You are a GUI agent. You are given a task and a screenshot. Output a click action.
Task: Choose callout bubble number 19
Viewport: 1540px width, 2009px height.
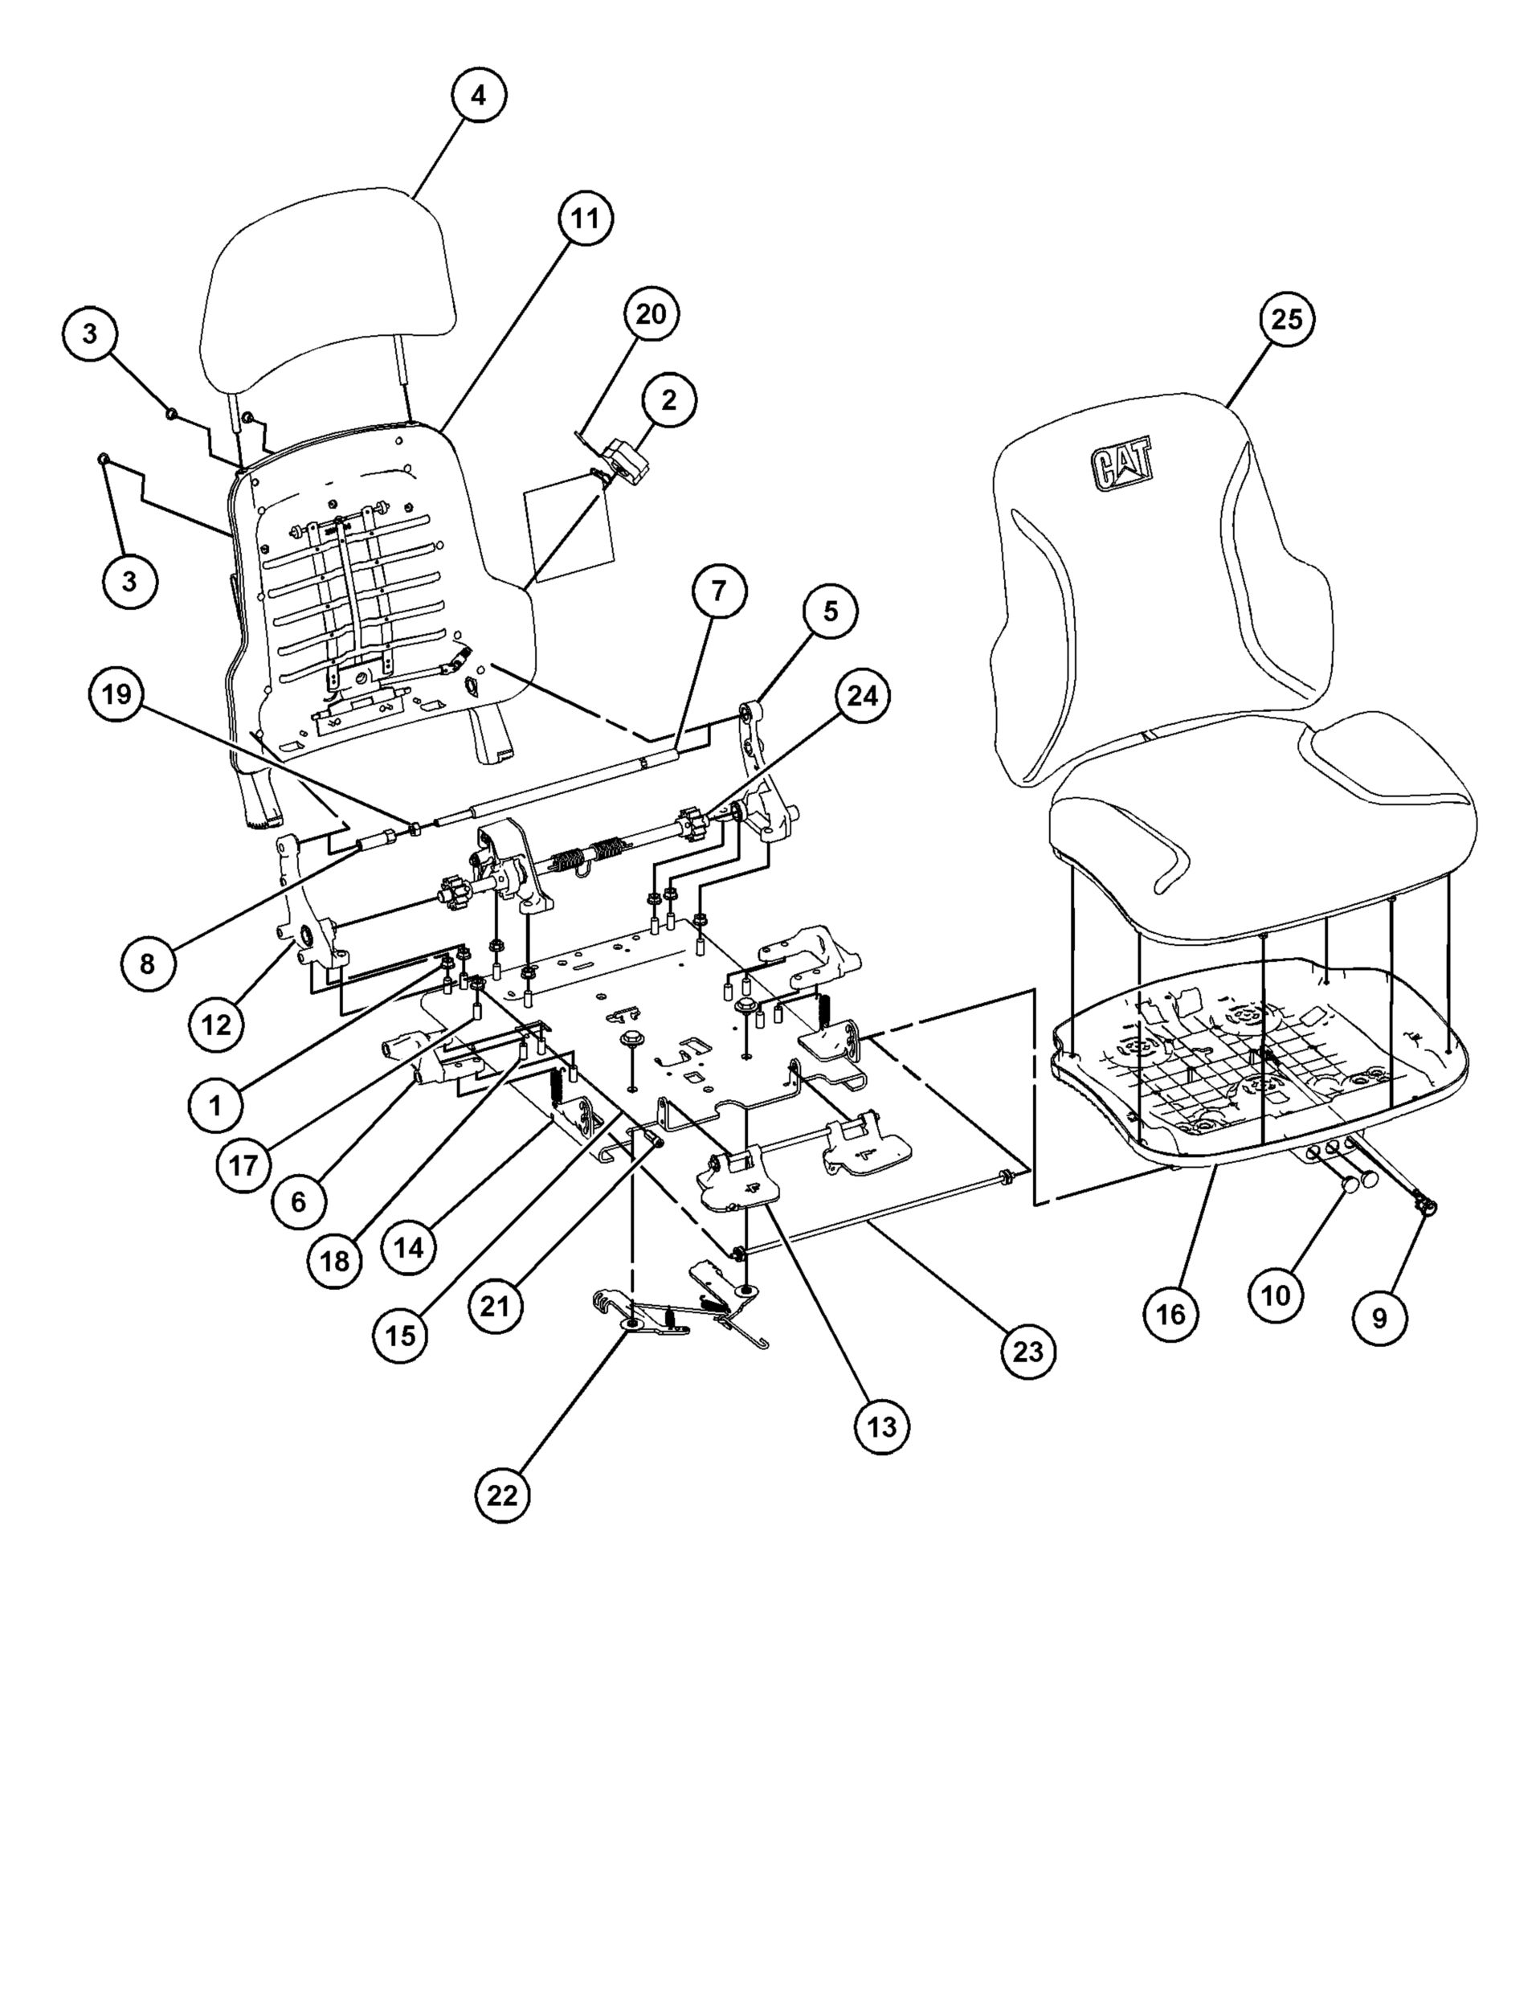(116, 695)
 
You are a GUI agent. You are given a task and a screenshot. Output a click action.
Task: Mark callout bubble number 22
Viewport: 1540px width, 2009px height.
(502, 1495)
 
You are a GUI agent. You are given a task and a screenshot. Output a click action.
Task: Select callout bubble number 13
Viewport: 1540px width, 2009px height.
(882, 1426)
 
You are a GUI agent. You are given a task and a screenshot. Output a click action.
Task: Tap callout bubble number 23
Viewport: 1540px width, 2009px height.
(1027, 1351)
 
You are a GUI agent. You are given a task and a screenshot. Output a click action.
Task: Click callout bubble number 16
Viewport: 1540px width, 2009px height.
(1170, 1314)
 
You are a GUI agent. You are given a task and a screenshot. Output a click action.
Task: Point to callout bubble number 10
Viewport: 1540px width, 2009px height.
(1276, 1295)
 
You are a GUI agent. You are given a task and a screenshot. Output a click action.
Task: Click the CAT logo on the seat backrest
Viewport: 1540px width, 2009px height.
(1123, 468)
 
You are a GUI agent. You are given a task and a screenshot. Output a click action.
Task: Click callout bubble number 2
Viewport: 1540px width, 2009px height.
(668, 399)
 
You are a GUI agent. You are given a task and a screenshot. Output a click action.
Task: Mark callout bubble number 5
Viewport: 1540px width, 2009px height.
(830, 612)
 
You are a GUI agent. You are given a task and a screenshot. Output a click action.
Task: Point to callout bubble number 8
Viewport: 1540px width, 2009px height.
(148, 963)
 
